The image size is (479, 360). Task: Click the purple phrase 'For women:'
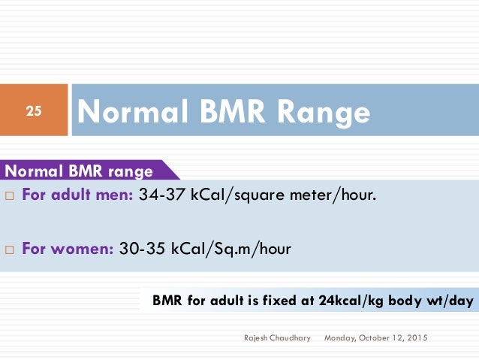coord(68,248)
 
